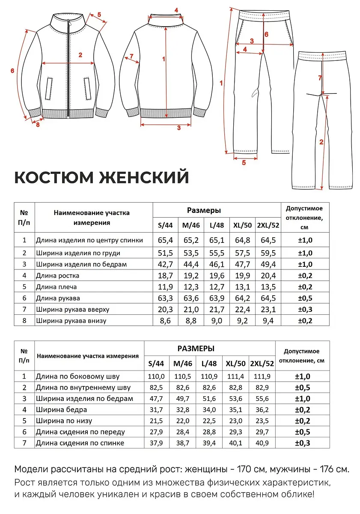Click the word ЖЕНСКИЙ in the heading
tap(144, 177)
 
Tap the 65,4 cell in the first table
tap(165, 240)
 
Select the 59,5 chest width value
tap(268, 253)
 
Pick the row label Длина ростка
tap(57, 275)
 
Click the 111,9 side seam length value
tap(262, 377)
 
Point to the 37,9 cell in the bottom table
tap(156, 442)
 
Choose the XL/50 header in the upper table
tap(242, 225)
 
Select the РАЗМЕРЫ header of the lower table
tap(196, 349)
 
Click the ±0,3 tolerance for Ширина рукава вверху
tap(305, 309)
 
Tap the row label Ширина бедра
tap(62, 409)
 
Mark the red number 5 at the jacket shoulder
tap(99, 15)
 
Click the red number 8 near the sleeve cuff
tap(38, 125)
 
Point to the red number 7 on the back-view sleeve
tap(131, 56)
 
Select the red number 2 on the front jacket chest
tap(80, 55)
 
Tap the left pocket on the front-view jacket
tap(49, 89)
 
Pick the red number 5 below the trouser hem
tap(244, 163)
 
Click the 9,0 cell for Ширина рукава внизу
tap(217, 320)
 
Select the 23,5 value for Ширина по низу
tap(262, 421)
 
